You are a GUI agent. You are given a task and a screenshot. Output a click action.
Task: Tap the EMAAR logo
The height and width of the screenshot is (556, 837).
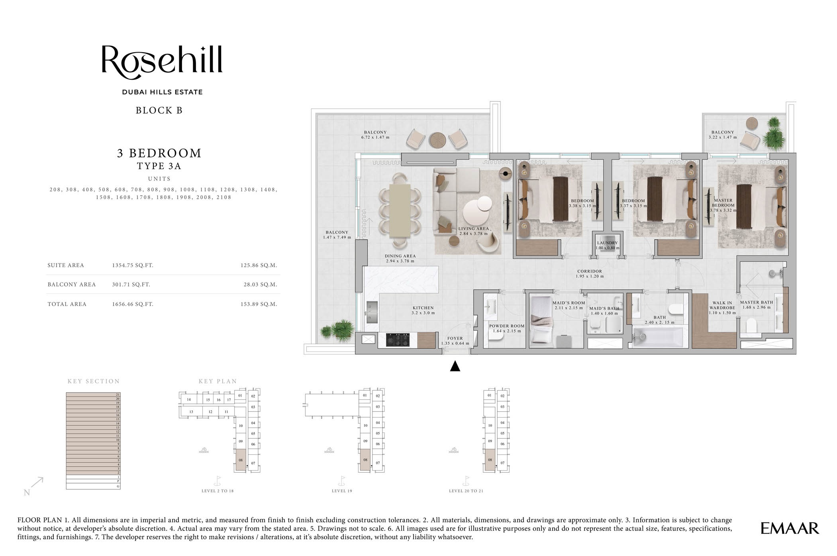tap(789, 528)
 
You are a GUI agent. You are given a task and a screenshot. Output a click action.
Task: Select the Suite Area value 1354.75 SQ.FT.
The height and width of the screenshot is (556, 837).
tap(133, 265)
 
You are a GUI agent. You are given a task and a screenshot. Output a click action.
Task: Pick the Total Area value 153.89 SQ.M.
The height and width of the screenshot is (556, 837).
tap(259, 304)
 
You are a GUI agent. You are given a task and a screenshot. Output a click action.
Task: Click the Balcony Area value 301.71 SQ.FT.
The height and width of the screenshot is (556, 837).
tap(131, 285)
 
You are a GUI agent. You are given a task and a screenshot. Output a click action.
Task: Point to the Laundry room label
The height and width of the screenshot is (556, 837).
tap(607, 243)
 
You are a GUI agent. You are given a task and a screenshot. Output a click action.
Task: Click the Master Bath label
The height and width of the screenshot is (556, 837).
tap(756, 303)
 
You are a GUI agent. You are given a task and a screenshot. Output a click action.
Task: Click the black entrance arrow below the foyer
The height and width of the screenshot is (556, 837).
tap(455, 366)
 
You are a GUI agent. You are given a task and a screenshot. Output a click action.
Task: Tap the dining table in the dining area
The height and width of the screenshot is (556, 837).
tap(400, 210)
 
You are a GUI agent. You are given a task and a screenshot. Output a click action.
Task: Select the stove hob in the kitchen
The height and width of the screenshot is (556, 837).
tap(398, 340)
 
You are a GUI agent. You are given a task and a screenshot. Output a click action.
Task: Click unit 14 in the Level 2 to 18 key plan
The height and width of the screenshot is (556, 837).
tap(189, 399)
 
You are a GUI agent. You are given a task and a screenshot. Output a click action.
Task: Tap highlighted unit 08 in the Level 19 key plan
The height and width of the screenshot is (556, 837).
tap(365, 460)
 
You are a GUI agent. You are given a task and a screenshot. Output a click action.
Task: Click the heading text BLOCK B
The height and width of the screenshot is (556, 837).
tap(159, 110)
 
